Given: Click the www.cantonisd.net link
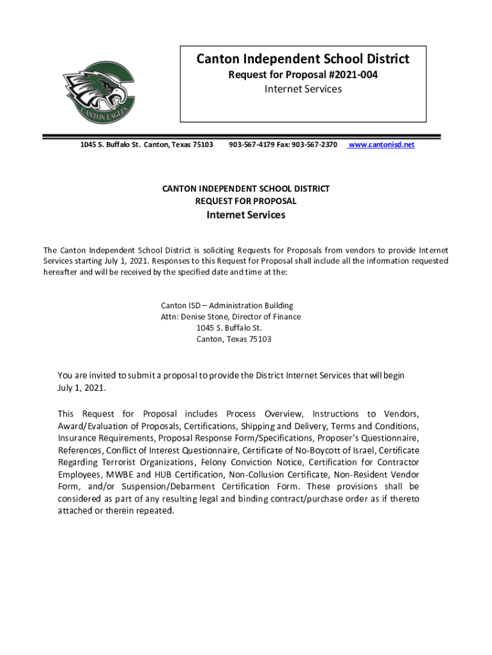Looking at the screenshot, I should click(x=381, y=145).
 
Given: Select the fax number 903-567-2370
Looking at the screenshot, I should click(x=314, y=145).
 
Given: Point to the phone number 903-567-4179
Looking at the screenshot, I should click(x=250, y=145).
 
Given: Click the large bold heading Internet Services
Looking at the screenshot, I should click(x=246, y=215).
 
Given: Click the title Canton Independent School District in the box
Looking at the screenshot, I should click(x=303, y=59).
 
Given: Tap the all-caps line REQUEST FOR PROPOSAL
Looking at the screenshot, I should click(x=246, y=201).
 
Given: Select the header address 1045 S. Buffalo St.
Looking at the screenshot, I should click(x=110, y=145).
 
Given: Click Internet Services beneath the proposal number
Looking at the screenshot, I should click(x=303, y=89).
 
